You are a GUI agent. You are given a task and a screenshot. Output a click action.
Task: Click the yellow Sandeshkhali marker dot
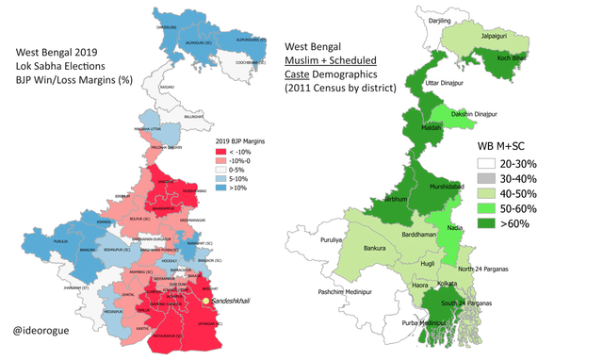206,302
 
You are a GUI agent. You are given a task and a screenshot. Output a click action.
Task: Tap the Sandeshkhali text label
236,303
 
